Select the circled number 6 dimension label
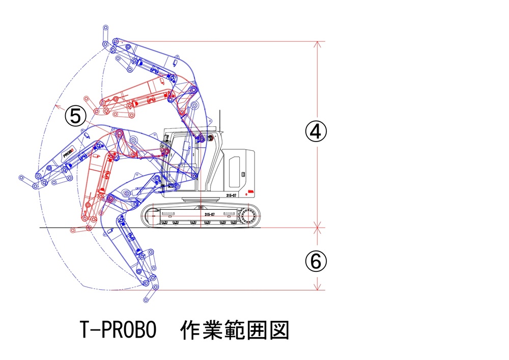[x=316, y=262]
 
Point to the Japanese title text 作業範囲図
[x=235, y=330]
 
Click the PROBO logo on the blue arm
[x=68, y=152]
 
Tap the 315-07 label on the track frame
[x=209, y=215]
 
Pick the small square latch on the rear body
[x=243, y=175]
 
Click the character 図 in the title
[x=280, y=330]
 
